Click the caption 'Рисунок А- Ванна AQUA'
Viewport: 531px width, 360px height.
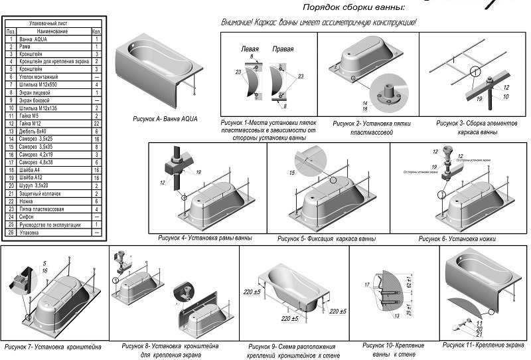pos(165,118)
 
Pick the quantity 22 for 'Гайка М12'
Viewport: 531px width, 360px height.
pos(97,124)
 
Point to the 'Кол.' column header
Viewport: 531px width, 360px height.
pos(97,31)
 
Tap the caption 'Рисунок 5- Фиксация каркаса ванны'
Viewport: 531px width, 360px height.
pos(327,238)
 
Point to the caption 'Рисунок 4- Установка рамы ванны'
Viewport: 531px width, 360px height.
pos(205,238)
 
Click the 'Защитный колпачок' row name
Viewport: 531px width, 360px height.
pos(40,194)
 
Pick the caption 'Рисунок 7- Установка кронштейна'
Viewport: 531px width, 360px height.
pos(53,347)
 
